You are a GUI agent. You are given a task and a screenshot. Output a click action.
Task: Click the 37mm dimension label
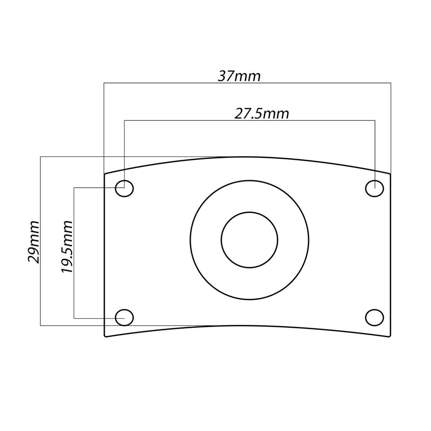click(x=239, y=76)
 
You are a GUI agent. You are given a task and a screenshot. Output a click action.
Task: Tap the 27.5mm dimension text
click(x=261, y=114)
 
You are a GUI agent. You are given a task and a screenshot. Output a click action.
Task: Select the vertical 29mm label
click(x=34, y=241)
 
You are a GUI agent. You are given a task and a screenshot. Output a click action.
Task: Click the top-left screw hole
click(x=124, y=188)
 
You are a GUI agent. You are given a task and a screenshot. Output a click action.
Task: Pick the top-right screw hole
click(x=374, y=188)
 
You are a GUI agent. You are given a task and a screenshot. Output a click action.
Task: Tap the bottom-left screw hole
click(x=124, y=317)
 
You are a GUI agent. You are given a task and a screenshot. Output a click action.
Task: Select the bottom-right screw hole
click(x=374, y=317)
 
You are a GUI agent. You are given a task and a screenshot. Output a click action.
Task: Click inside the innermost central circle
click(x=250, y=239)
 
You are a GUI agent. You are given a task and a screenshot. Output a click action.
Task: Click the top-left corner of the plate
click(x=104, y=173)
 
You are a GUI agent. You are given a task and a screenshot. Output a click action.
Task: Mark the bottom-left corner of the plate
click(x=105, y=337)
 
